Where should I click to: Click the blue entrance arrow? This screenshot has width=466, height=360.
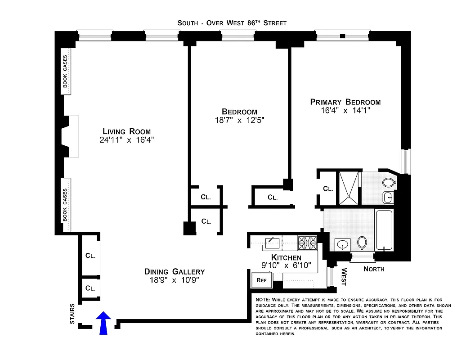104,323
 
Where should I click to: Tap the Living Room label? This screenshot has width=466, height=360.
127,131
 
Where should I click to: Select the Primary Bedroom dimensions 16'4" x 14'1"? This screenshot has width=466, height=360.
345,111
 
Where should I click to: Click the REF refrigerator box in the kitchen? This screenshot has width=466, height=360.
261,279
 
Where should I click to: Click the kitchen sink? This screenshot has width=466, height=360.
272,243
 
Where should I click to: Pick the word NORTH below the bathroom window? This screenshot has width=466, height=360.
374,269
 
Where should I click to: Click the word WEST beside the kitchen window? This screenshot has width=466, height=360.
344,277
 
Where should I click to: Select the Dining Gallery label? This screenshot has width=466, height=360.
175,271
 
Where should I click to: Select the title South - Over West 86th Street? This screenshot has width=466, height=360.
232,23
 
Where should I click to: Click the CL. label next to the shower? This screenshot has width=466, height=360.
328,189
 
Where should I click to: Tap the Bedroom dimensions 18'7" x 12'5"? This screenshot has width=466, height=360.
239,120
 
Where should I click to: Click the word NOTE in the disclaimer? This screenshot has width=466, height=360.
263,300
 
